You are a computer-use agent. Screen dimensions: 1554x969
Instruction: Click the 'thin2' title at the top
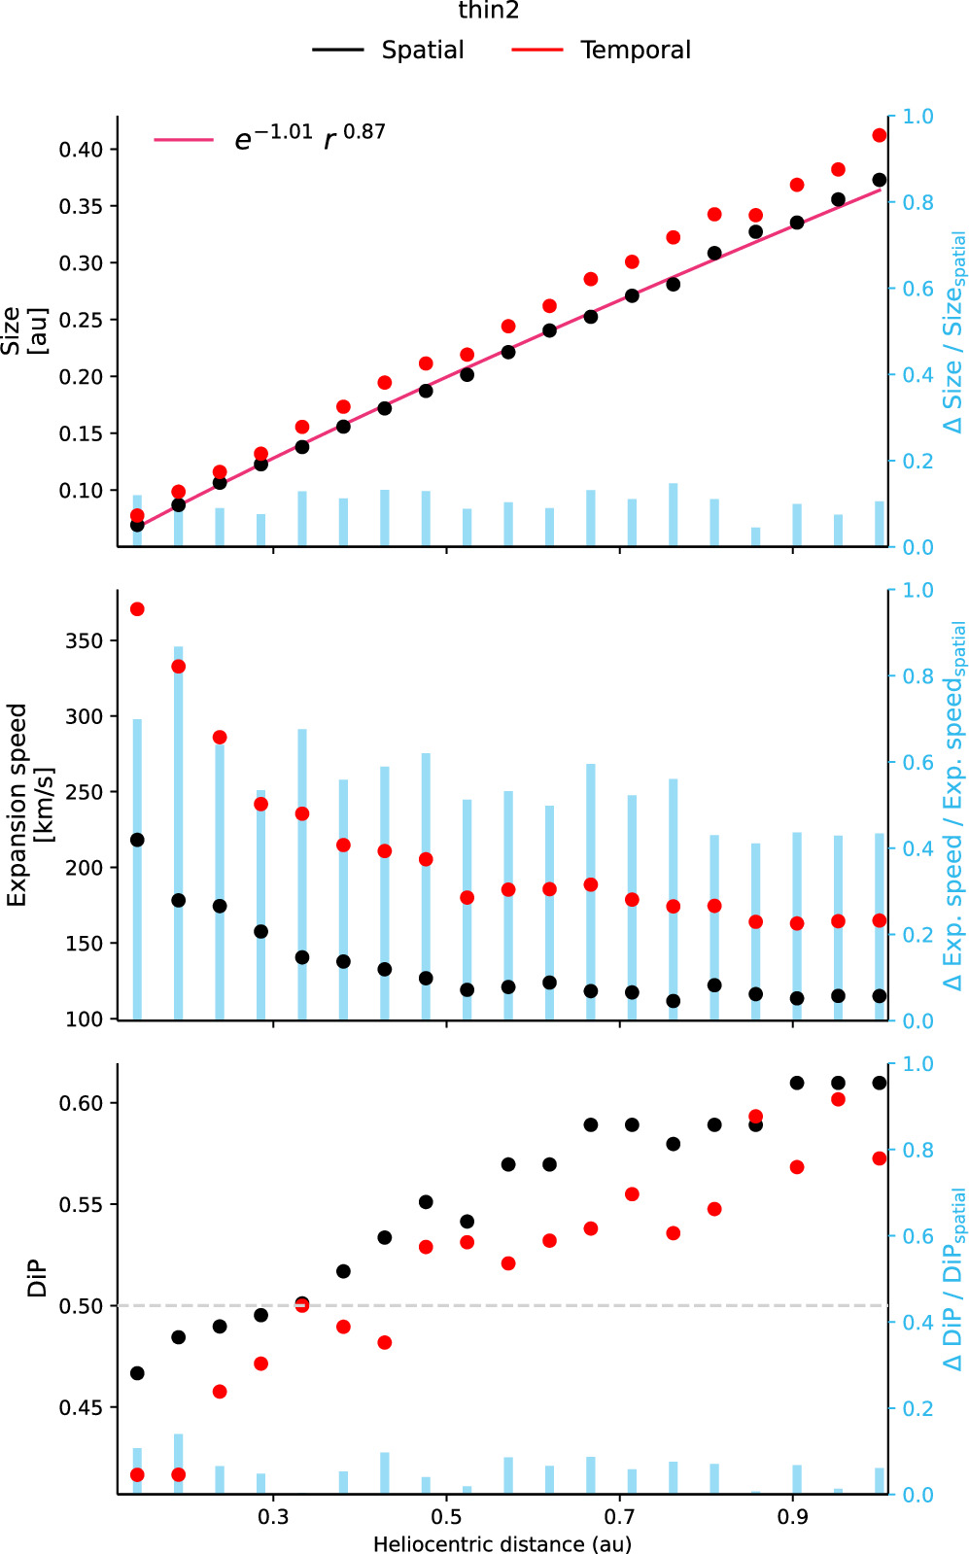click(x=489, y=12)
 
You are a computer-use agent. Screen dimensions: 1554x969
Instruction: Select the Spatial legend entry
click(x=422, y=51)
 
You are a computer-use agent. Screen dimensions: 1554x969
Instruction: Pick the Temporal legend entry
click(x=635, y=51)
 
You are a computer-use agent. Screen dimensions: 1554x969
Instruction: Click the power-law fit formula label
click(x=309, y=138)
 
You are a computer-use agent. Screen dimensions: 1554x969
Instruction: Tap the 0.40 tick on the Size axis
click(x=81, y=150)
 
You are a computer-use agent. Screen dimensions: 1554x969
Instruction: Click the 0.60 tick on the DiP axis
click(x=81, y=1103)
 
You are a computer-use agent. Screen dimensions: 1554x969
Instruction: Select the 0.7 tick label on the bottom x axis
click(x=619, y=1517)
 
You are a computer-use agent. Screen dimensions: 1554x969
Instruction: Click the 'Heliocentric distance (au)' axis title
click(x=502, y=1544)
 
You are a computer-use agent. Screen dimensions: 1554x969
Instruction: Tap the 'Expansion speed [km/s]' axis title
click(x=29, y=805)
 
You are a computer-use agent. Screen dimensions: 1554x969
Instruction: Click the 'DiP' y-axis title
click(x=38, y=1279)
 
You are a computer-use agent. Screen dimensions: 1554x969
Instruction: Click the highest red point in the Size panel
click(x=880, y=135)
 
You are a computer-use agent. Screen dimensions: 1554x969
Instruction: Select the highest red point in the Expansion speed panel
click(x=137, y=609)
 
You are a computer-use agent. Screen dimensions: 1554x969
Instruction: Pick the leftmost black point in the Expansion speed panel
click(x=137, y=840)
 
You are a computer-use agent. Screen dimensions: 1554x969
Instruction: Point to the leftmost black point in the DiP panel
click(x=137, y=1373)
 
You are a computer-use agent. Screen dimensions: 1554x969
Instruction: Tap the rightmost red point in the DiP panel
click(x=880, y=1158)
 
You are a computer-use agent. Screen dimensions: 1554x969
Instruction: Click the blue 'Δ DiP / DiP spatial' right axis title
click(x=954, y=1279)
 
